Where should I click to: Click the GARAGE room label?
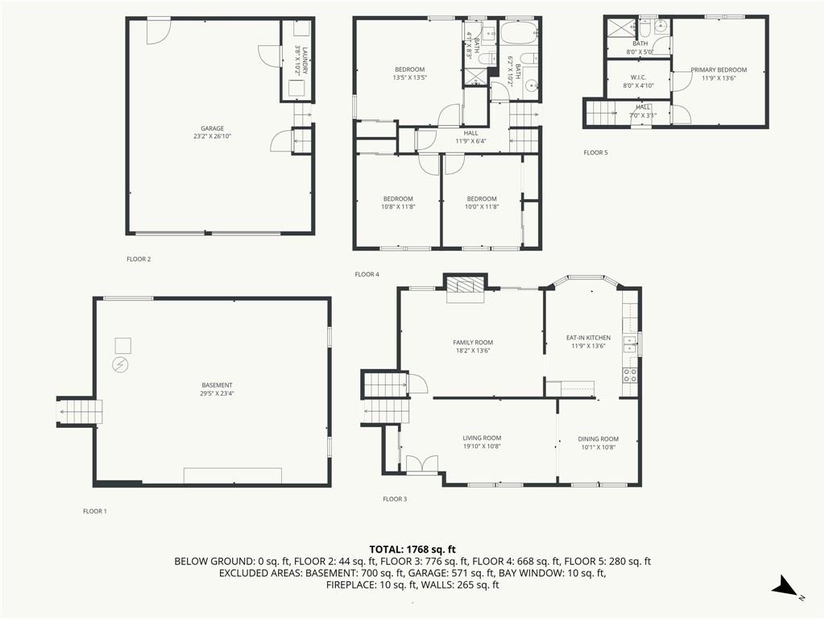click(x=212, y=128)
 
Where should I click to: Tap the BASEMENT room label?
click(x=217, y=385)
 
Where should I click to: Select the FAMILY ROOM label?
click(x=473, y=342)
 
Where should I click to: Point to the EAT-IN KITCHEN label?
click(x=588, y=338)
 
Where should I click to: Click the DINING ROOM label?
click(x=599, y=439)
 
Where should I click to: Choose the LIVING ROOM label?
click(x=482, y=438)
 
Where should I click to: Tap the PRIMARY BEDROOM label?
click(x=719, y=70)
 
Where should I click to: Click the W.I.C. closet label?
click(x=638, y=77)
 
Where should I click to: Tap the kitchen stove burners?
click(x=630, y=376)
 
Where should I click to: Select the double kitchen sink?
click(x=630, y=345)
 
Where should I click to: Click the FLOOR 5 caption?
click(x=595, y=152)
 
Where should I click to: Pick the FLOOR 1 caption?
click(x=95, y=511)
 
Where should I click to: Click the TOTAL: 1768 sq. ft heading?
click(x=412, y=550)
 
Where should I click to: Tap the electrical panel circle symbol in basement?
click(x=121, y=364)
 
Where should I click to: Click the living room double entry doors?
click(x=422, y=463)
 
